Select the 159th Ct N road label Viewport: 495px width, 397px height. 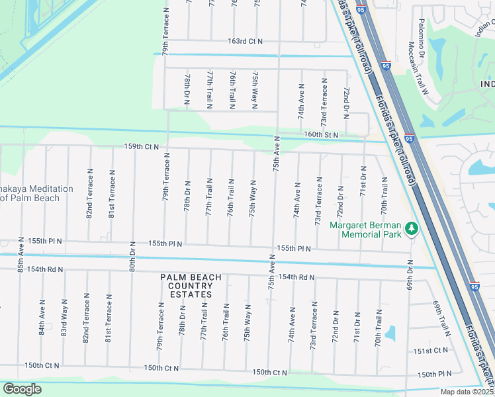coord(141,146)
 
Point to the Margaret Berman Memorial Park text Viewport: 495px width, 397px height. coord(367,229)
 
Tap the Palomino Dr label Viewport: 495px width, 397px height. coord(421,36)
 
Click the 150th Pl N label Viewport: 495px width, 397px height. coord(434,375)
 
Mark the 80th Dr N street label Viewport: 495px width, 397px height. coord(132,255)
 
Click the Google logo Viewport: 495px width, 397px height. coord(22,389)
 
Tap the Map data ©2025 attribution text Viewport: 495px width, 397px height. coord(467,392)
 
